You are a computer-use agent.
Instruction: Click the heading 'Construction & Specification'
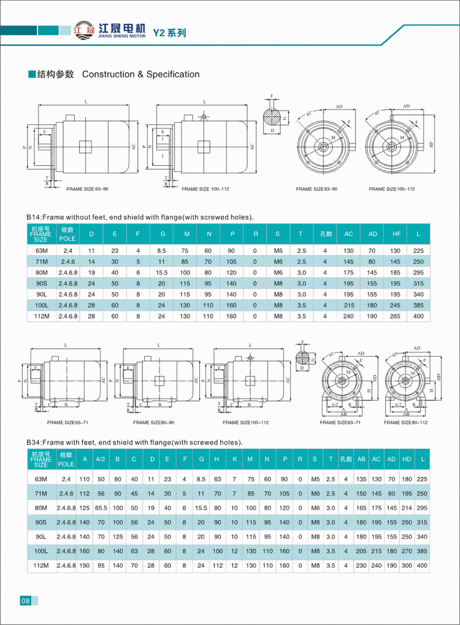(x=140, y=74)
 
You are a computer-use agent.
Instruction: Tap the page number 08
(x=25, y=600)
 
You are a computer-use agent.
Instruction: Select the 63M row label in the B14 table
(x=41, y=250)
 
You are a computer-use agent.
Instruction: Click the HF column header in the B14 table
(x=395, y=234)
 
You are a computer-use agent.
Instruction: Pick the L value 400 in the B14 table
(x=419, y=317)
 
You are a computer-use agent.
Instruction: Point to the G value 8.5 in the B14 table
(x=162, y=250)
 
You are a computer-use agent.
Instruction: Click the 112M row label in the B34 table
(x=41, y=565)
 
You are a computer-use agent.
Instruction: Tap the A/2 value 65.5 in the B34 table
(x=101, y=508)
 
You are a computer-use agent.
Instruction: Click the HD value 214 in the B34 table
(x=406, y=508)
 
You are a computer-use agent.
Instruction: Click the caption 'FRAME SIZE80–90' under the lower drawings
(x=154, y=422)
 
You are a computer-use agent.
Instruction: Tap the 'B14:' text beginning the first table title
(x=33, y=217)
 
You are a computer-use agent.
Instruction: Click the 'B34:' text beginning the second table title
(x=33, y=442)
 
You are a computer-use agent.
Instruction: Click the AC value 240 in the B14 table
(x=348, y=317)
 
